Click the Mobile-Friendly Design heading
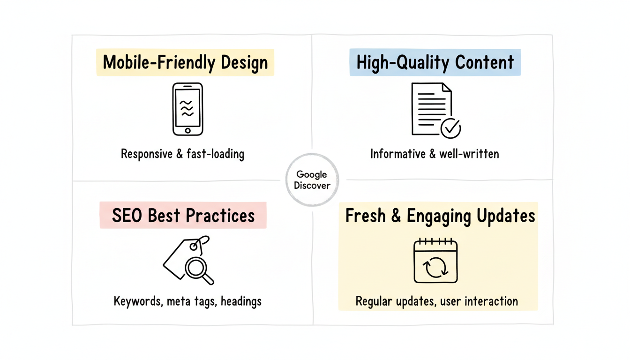click(185, 62)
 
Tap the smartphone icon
click(187, 109)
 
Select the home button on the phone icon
click(187, 130)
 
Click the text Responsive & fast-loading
click(182, 154)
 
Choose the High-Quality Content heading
click(435, 62)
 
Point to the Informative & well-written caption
click(435, 154)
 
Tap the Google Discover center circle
click(312, 180)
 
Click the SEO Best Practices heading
click(183, 216)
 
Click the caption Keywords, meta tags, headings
click(187, 300)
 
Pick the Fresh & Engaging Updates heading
click(440, 216)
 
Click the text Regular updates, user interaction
click(437, 301)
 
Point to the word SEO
click(127, 216)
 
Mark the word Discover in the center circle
click(312, 185)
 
